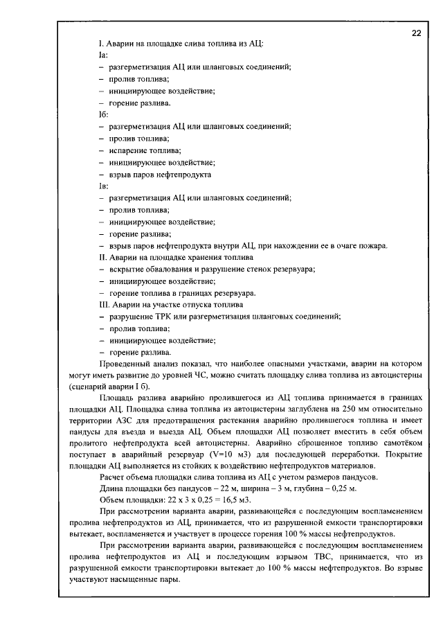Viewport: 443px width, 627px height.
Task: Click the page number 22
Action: pos(416,33)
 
